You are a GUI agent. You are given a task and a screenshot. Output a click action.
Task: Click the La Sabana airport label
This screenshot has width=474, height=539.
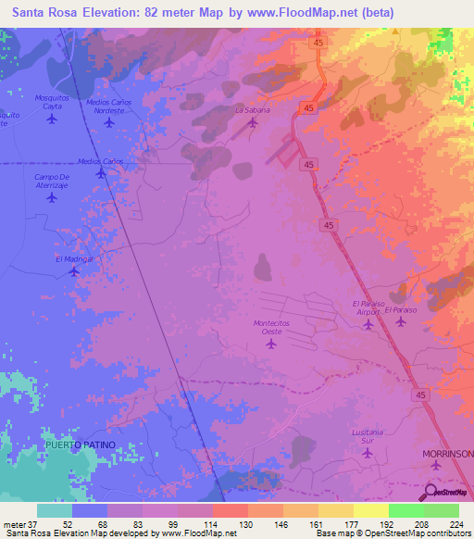click(252, 109)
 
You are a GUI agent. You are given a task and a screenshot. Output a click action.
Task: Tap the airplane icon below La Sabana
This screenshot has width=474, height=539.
click(252, 121)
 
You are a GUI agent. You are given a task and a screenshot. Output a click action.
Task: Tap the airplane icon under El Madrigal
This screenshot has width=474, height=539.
click(74, 271)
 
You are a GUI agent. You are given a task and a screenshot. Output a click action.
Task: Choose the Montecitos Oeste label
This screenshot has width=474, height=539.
click(271, 326)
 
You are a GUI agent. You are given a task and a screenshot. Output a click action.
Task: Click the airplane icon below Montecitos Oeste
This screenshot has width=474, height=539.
click(271, 344)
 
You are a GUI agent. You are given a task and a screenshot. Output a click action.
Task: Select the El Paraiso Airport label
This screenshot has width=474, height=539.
click(368, 307)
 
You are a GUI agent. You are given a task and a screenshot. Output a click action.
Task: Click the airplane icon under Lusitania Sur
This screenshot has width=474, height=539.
click(368, 452)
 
